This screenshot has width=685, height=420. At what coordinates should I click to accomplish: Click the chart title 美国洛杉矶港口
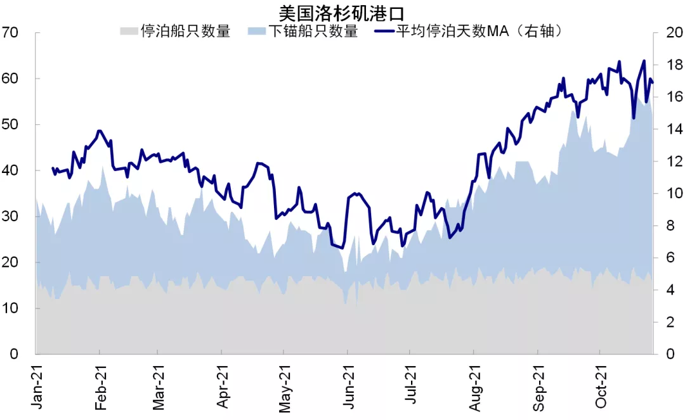click(342, 12)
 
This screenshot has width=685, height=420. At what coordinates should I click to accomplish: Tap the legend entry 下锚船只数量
click(313, 31)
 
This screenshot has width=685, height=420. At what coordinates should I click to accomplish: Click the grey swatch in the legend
click(129, 31)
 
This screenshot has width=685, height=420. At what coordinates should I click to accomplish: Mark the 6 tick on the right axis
click(668, 258)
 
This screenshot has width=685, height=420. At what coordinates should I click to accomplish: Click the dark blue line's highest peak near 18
click(644, 61)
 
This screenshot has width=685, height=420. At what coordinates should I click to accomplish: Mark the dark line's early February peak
click(100, 131)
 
